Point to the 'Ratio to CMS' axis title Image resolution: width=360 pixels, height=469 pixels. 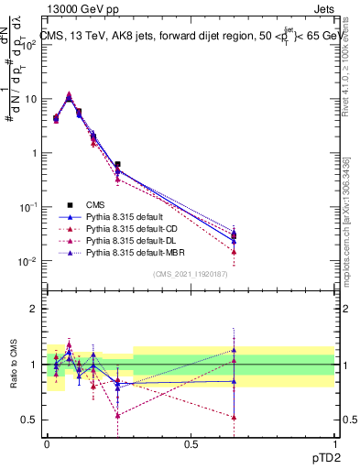tap(12, 365)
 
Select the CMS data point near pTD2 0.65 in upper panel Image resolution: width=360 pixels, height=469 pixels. tap(235, 235)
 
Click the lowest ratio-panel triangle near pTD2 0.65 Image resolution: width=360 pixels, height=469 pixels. tap(235, 417)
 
